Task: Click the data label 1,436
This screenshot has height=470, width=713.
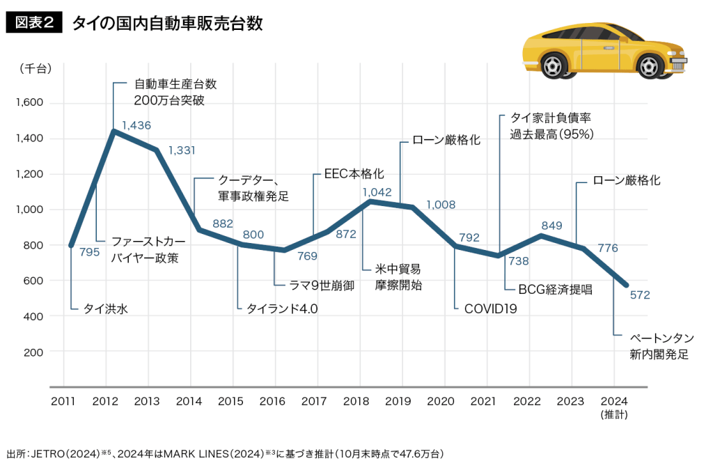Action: (136, 125)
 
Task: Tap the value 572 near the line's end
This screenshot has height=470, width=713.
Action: (638, 295)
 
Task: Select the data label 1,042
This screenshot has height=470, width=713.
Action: (377, 191)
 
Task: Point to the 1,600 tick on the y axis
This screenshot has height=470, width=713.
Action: (29, 103)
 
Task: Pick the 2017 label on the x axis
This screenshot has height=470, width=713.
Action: (317, 402)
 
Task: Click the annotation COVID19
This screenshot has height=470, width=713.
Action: (490, 308)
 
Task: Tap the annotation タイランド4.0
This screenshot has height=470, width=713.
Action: (282, 308)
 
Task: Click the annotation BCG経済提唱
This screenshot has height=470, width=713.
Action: (556, 289)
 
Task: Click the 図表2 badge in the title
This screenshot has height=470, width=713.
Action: (33, 23)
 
